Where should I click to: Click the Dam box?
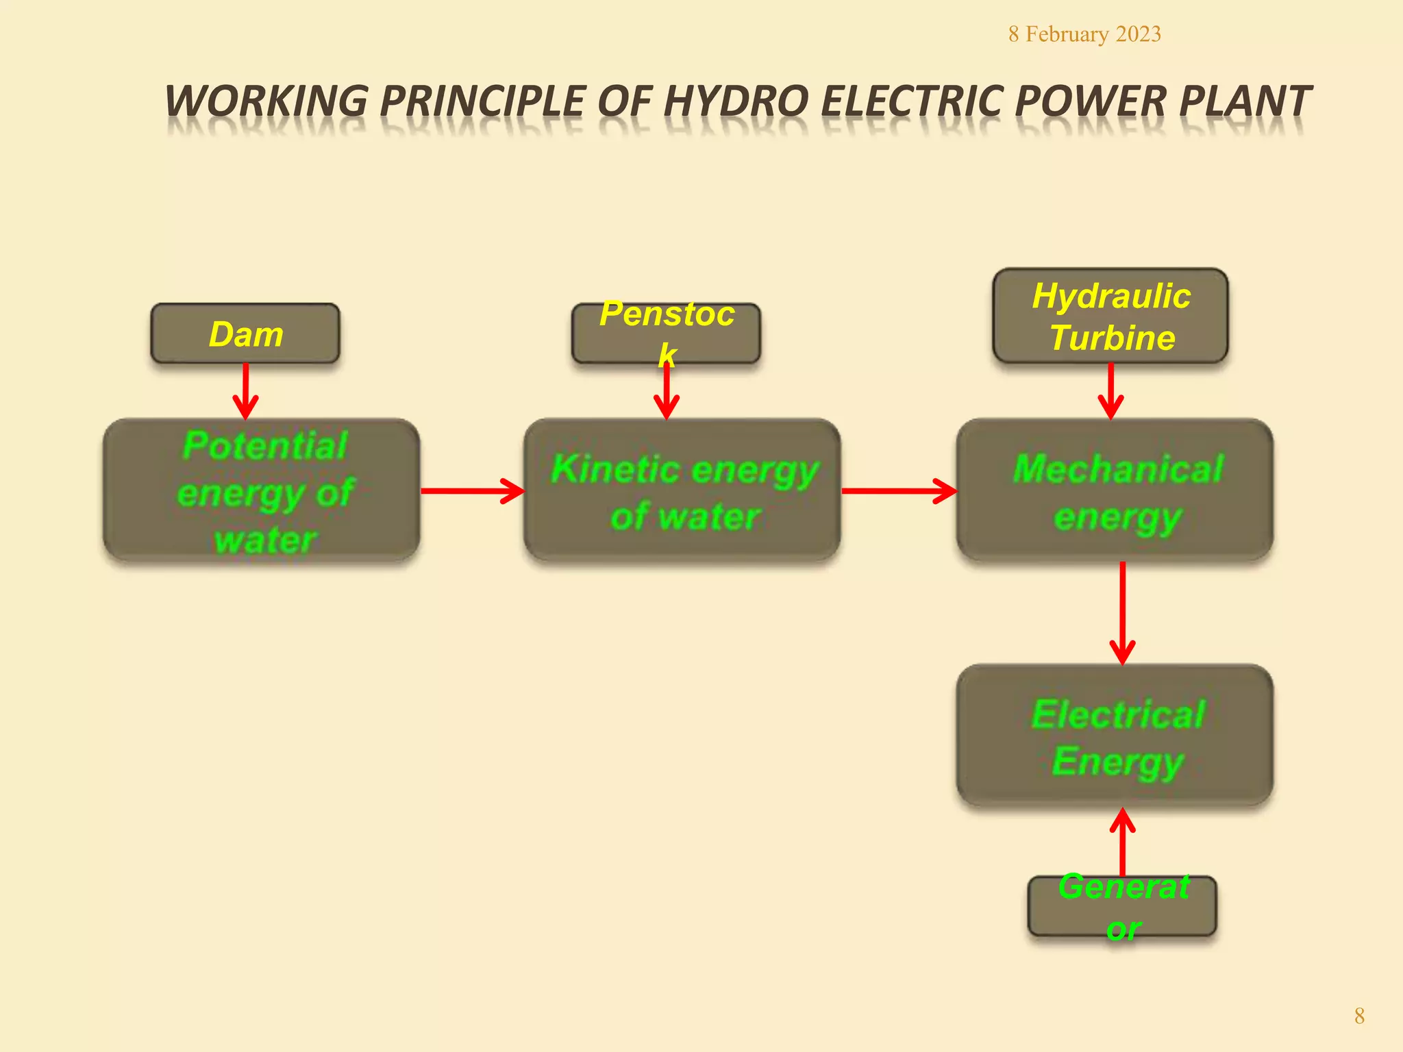(x=245, y=334)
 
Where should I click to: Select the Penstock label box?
(x=666, y=334)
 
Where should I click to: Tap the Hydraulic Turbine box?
(x=1110, y=316)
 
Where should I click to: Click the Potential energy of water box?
(x=262, y=491)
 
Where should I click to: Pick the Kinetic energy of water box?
(x=682, y=491)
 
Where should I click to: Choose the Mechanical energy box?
(x=1115, y=491)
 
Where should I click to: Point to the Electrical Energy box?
(x=1115, y=736)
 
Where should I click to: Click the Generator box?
(x=1122, y=906)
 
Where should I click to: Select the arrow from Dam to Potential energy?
(x=245, y=391)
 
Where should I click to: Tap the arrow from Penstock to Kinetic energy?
(x=666, y=392)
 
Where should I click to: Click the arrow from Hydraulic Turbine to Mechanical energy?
(x=1110, y=391)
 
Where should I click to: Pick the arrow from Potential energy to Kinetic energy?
(x=472, y=491)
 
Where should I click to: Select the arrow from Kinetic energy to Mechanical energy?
(x=899, y=491)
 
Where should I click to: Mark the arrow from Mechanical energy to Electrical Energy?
(x=1122, y=613)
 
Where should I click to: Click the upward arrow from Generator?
(x=1122, y=842)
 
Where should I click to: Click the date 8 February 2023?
(x=1084, y=34)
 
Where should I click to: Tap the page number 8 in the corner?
(x=1359, y=1016)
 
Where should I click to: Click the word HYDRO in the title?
(x=736, y=101)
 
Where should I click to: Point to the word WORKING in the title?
(x=267, y=101)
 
